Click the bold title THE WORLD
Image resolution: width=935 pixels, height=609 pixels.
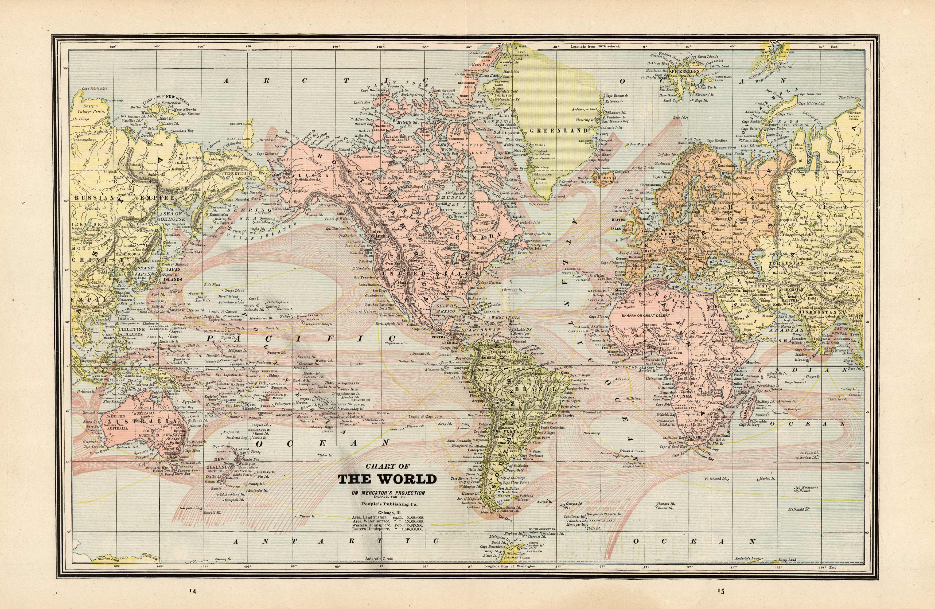[x=387, y=480]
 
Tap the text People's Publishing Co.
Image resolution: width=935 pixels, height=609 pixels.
[x=387, y=504]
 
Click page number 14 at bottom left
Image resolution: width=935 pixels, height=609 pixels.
[x=193, y=602]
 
